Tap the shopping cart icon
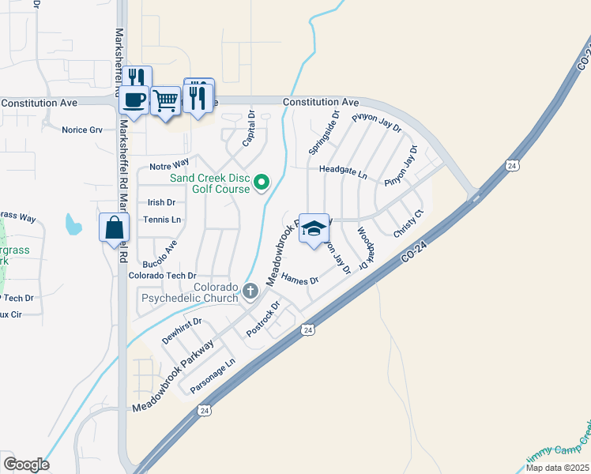pyautogui.click(x=165, y=100)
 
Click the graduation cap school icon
pyautogui.click(x=314, y=228)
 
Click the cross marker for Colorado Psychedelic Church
pyautogui.click(x=250, y=292)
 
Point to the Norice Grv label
pyautogui.click(x=83, y=130)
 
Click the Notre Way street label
pyautogui.click(x=169, y=165)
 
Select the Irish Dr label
pyautogui.click(x=161, y=202)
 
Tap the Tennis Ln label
pyautogui.click(x=162, y=219)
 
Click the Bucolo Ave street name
pyautogui.click(x=160, y=254)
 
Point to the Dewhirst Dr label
pyautogui.click(x=183, y=330)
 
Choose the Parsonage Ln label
pyautogui.click(x=213, y=374)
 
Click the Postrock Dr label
pyautogui.click(x=264, y=318)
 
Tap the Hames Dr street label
pyautogui.click(x=299, y=280)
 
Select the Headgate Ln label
pyautogui.click(x=343, y=171)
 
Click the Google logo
pyautogui.click(x=26, y=464)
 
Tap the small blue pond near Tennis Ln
pyautogui.click(x=73, y=225)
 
